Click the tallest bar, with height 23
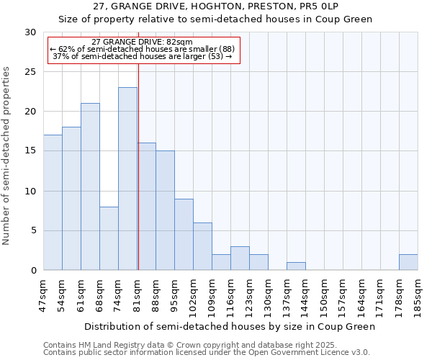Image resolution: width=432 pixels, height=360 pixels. [x=127, y=179]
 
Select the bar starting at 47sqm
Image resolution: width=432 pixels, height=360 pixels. [x=53, y=202]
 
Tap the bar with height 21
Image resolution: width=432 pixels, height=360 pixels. [x=90, y=186]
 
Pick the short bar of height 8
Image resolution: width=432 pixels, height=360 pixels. [x=109, y=238]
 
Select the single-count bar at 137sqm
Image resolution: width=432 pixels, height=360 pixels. [x=296, y=266]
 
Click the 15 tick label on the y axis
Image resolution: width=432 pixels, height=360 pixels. [x=30, y=151]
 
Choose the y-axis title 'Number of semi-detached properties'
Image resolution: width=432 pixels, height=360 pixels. [x=7, y=156]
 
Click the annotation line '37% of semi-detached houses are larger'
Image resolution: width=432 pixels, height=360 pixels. [x=143, y=56]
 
